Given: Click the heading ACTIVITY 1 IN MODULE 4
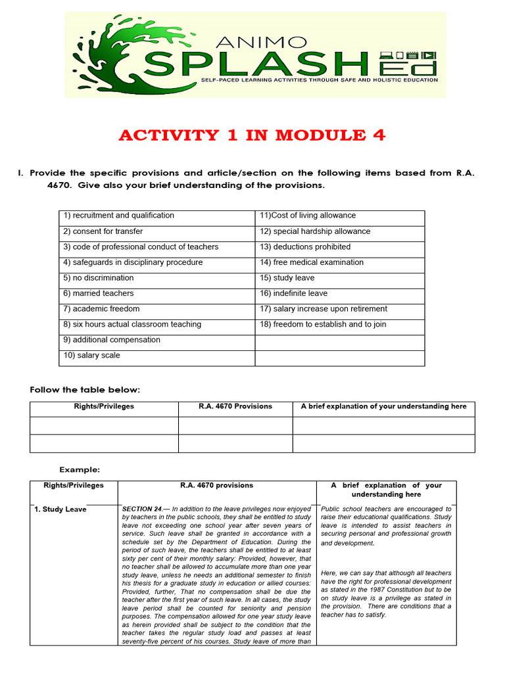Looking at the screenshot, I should [252, 136].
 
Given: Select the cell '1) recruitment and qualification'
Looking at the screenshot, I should [119, 216].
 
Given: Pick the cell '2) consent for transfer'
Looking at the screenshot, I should [103, 231].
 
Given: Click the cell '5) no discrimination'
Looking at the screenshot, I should [99, 278].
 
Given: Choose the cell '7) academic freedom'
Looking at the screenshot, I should [101, 309].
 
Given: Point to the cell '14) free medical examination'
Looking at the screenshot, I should [312, 262].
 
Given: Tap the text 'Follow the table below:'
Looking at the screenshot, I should [85, 390].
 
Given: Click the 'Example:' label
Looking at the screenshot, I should [80, 470].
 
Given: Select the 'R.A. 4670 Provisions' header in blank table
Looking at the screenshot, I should [235, 407].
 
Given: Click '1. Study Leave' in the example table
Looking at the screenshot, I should [60, 509].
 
